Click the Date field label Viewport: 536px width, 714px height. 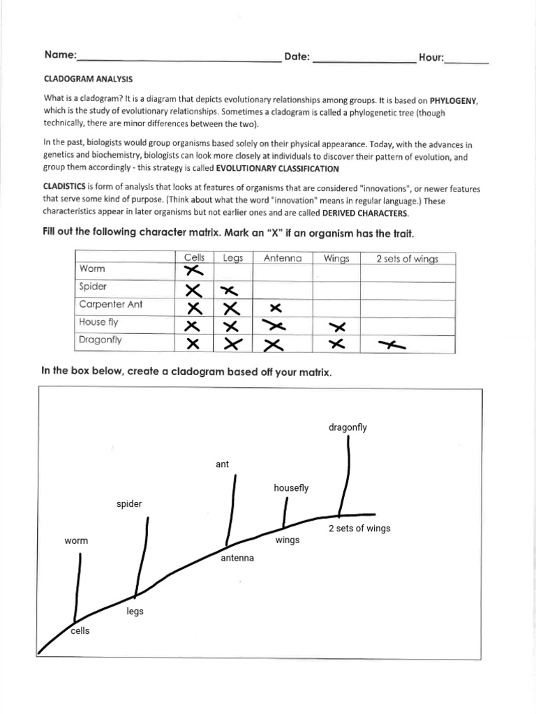click(297, 57)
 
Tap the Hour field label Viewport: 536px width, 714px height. click(431, 58)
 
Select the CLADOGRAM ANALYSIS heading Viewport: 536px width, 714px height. click(88, 80)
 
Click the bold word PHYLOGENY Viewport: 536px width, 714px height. click(454, 101)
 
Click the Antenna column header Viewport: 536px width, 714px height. click(283, 258)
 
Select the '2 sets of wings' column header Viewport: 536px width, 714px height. click(407, 259)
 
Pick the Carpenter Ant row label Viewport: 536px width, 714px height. click(111, 304)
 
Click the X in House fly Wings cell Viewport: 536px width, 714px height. click(337, 326)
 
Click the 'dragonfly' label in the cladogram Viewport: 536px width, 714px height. click(347, 427)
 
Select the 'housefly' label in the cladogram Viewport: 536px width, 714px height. click(291, 488)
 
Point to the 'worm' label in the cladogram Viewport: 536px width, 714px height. click(76, 540)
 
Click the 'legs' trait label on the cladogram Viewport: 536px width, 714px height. click(135, 612)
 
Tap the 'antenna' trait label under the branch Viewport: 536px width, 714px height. click(237, 558)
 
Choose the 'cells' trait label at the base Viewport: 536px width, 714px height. click(80, 631)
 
